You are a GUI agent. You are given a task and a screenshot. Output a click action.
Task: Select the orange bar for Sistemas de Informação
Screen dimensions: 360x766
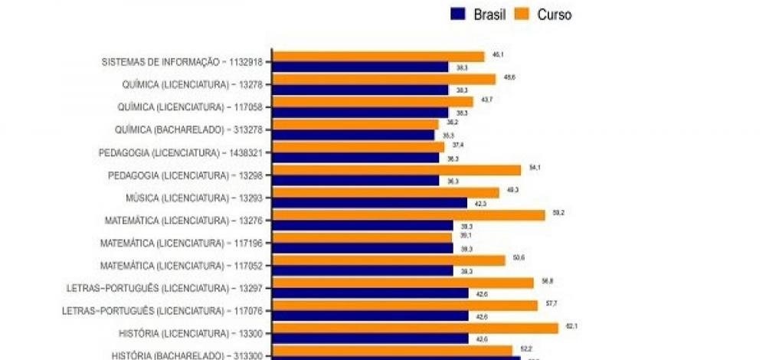(379, 56)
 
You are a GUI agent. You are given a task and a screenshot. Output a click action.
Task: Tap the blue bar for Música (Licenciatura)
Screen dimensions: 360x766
(370, 203)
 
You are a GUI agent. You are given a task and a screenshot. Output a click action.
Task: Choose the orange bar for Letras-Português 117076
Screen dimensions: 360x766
(405, 305)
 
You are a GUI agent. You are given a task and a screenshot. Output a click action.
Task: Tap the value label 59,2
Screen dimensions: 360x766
(558, 212)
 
